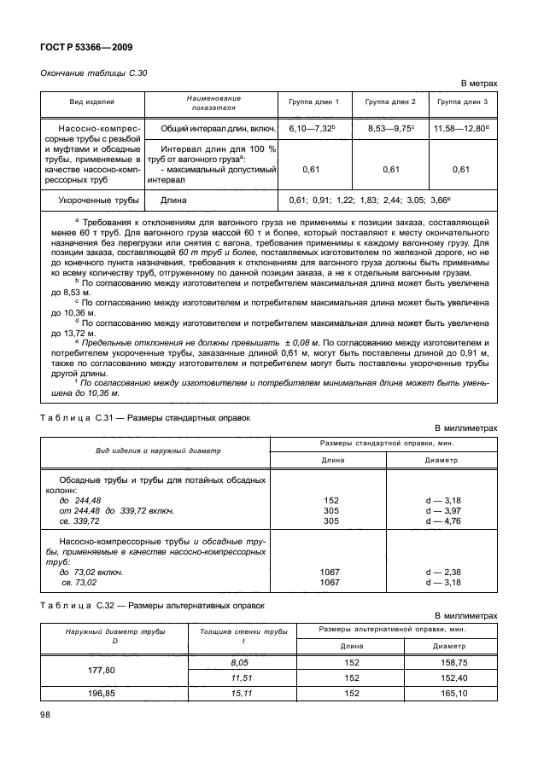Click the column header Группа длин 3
[x=462, y=102]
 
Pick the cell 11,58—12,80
[x=462, y=129]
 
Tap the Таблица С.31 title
[x=146, y=417]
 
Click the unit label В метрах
[x=479, y=84]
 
